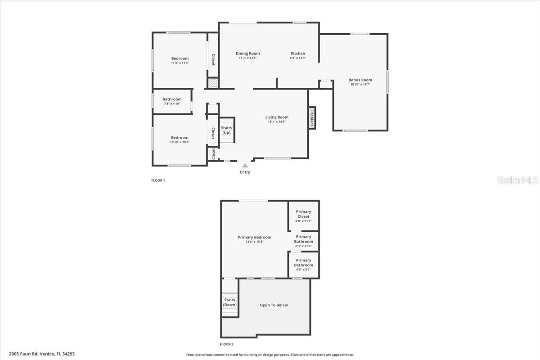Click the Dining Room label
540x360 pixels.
[x=247, y=54]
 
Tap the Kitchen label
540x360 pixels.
[x=298, y=53]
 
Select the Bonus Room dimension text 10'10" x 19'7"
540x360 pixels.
[x=360, y=85]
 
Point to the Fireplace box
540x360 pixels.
[x=312, y=118]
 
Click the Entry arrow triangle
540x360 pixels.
[x=245, y=166]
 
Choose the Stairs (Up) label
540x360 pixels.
[x=226, y=130]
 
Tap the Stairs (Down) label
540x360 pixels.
[x=229, y=302]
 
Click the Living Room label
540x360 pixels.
[x=277, y=117]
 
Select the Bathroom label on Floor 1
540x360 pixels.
[x=172, y=99]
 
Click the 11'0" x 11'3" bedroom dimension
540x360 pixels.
[x=180, y=63]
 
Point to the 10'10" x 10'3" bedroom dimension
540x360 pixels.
[x=180, y=142]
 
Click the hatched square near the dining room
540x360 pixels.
[x=213, y=83]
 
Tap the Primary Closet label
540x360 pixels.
[x=303, y=214]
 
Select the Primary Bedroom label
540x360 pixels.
[x=255, y=237]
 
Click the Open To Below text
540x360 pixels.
[x=274, y=305]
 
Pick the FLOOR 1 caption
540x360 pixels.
[x=158, y=180]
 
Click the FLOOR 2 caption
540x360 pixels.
[x=226, y=344]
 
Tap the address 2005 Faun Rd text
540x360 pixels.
[x=23, y=354]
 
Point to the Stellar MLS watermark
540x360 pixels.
[x=517, y=180]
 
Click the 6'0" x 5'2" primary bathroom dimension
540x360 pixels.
[x=303, y=270]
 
